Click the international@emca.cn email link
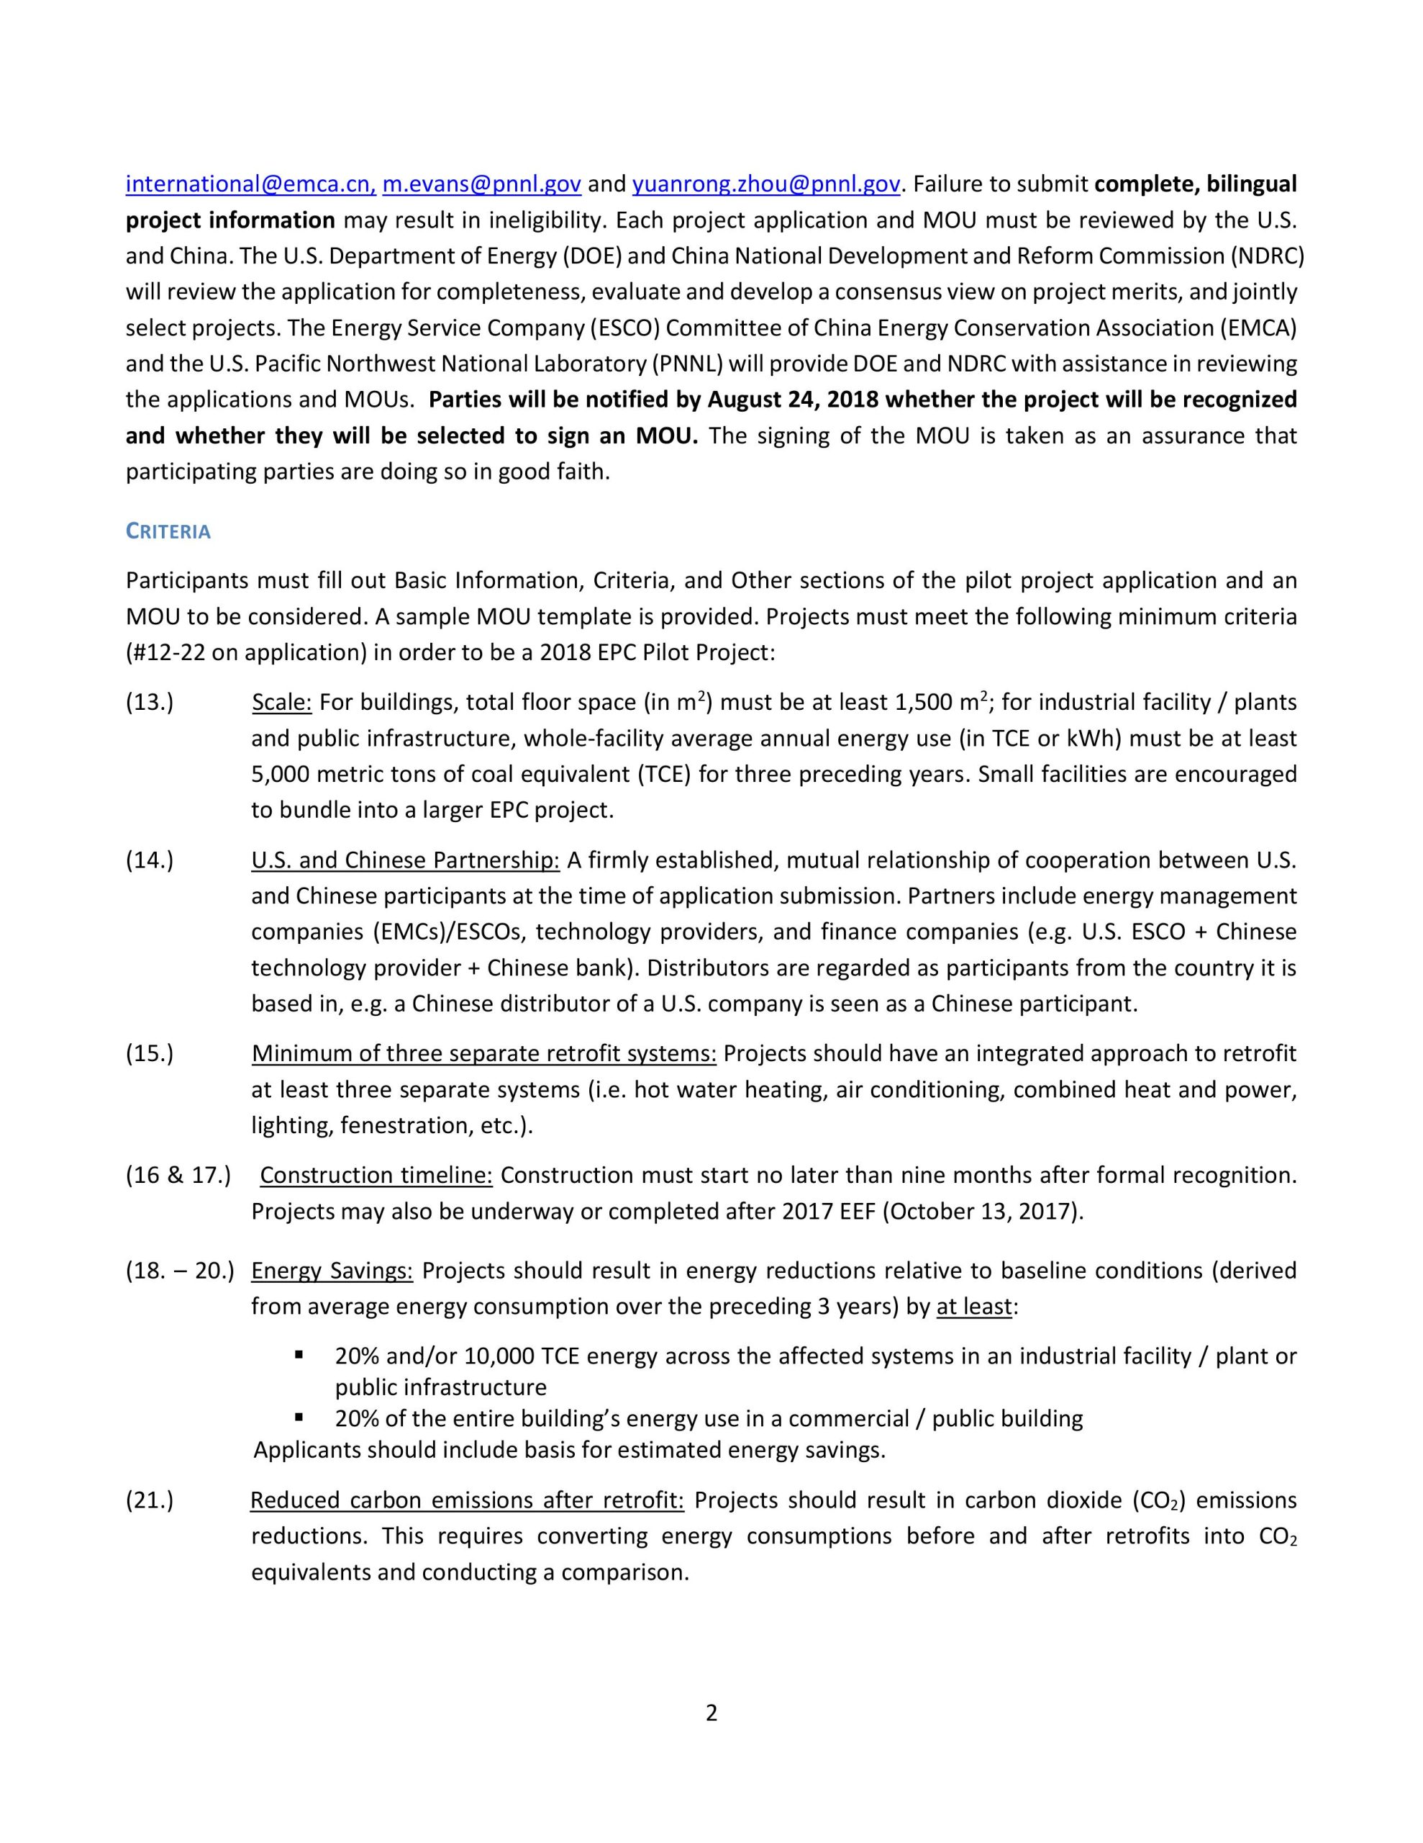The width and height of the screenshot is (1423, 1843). tap(250, 184)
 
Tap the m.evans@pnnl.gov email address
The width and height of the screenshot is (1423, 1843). tap(481, 184)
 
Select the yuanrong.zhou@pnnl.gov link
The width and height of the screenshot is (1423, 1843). tap(766, 184)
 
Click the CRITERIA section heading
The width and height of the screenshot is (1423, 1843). tap(168, 531)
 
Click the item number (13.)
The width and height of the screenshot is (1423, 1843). tap(150, 702)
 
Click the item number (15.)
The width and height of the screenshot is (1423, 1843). tap(150, 1053)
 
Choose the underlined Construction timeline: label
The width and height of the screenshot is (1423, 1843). tap(376, 1175)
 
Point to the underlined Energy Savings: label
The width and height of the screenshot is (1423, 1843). tap(332, 1270)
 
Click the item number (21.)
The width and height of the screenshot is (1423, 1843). tap(150, 1500)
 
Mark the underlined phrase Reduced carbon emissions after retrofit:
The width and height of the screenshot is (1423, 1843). tap(468, 1500)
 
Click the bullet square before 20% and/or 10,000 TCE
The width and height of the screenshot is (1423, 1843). tap(299, 1355)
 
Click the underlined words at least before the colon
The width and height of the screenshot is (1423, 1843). tap(973, 1307)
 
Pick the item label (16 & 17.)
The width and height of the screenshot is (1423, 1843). tap(178, 1175)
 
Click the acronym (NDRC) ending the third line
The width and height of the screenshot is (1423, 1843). tap(1265, 256)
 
